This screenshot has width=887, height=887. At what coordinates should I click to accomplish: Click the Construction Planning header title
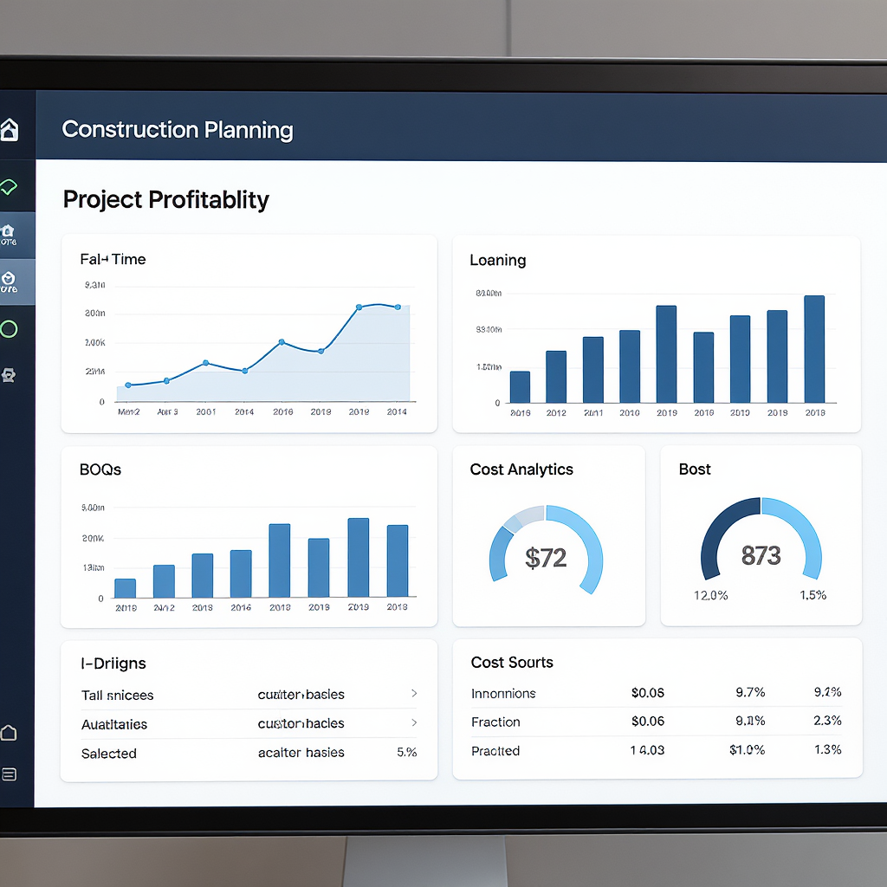178,130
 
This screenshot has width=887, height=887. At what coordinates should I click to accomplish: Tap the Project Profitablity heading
166,200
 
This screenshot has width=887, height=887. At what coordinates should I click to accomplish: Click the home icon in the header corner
9,130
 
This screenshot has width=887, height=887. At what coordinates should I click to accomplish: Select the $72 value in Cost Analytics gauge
546,558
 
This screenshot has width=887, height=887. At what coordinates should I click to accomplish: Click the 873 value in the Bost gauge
761,555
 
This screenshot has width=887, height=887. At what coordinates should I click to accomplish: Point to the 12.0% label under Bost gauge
710,595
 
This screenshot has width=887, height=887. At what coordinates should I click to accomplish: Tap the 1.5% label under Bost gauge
813,595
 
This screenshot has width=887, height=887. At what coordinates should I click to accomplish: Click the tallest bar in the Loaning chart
814,349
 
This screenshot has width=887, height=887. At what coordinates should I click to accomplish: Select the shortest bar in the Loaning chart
520,386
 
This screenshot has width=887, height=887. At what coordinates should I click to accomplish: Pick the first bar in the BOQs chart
126,588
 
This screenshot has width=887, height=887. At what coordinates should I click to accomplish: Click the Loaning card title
497,260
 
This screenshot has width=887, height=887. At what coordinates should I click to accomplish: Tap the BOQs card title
100,469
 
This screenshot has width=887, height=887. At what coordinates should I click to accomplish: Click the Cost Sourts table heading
512,663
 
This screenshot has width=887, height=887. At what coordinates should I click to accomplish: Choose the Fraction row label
495,722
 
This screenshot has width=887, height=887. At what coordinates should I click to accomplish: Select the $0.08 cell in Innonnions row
648,692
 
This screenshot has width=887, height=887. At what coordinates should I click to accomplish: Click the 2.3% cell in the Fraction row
827,721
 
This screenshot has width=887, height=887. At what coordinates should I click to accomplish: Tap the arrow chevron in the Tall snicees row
414,694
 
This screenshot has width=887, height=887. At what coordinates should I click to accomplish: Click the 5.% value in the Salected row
406,753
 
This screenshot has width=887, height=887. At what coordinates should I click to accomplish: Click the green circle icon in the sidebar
9,329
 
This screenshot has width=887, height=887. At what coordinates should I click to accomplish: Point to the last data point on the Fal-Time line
398,307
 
